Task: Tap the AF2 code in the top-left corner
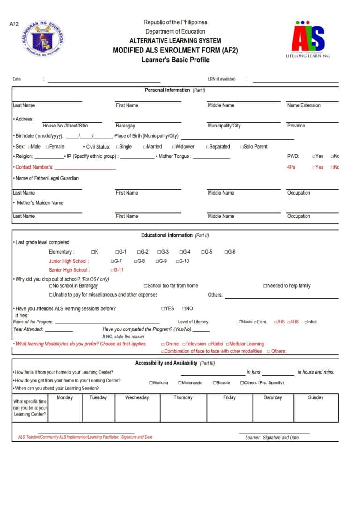(x=14, y=24)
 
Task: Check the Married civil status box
(x=145, y=147)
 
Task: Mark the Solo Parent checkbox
(x=242, y=147)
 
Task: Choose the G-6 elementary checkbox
(x=226, y=252)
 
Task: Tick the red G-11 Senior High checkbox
(x=112, y=270)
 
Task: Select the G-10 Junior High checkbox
(x=178, y=262)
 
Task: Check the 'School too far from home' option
(x=145, y=286)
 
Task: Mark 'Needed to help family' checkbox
(x=265, y=286)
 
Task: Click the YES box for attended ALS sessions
(x=163, y=309)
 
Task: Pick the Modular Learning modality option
(x=227, y=344)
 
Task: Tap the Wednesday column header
(x=137, y=397)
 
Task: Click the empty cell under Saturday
(x=273, y=412)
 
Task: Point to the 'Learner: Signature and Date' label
(x=271, y=438)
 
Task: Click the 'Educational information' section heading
(x=167, y=235)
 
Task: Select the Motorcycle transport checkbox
(x=180, y=383)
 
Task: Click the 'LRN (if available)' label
(x=221, y=79)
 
